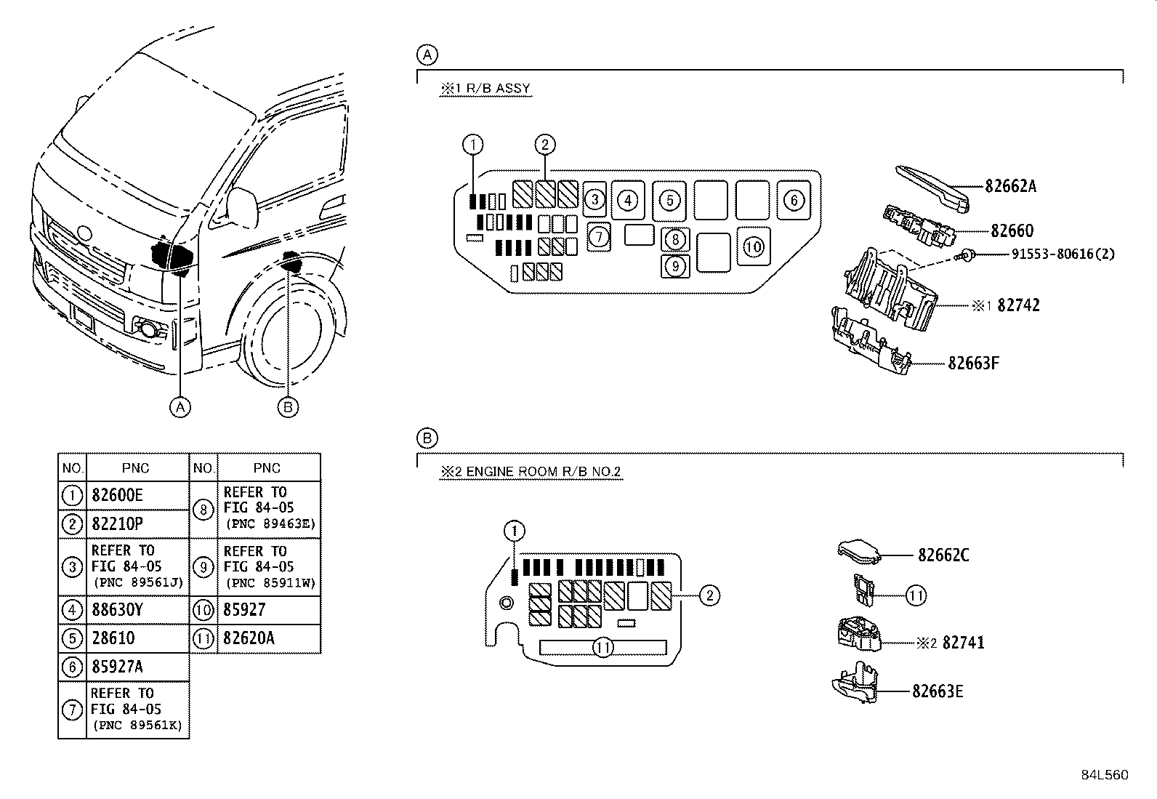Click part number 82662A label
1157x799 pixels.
point(1010,186)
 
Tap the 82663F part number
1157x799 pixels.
point(973,362)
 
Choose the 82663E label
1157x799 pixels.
point(938,691)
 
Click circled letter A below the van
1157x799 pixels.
point(180,407)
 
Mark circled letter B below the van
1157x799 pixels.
point(288,407)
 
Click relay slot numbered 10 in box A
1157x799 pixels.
point(754,246)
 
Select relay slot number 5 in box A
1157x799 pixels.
point(669,200)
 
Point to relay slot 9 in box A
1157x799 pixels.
point(675,267)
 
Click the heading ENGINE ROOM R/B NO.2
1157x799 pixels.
point(531,472)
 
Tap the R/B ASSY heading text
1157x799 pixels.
point(485,89)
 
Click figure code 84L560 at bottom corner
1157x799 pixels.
point(1104,775)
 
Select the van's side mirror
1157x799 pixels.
point(243,206)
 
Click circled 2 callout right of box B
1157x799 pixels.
point(709,596)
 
